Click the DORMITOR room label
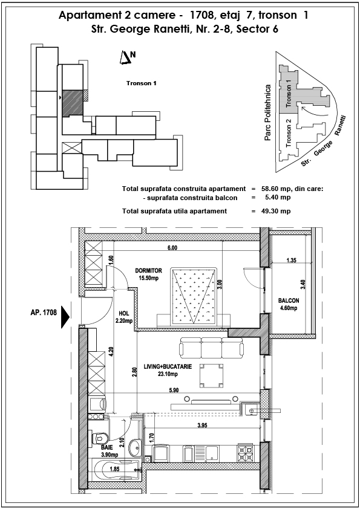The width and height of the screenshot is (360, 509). point(148,270)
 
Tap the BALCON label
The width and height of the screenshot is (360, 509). point(289,300)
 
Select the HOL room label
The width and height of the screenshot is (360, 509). point(124,314)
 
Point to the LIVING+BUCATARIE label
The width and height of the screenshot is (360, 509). point(168,366)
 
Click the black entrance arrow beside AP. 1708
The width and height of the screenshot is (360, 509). point(66,317)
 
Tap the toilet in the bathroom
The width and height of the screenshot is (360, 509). point(100,438)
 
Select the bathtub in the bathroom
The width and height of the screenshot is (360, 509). point(115,469)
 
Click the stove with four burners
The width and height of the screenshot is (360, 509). point(247,452)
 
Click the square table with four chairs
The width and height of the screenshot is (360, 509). point(212,375)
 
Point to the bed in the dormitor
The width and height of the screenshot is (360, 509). point(194,296)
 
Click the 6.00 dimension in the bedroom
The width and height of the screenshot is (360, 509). point(172,248)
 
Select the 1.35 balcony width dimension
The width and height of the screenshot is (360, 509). point(292,260)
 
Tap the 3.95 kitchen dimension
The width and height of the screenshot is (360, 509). point(201,425)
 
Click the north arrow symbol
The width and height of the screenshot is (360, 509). point(125,58)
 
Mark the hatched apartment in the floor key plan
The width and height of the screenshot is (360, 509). point(73,103)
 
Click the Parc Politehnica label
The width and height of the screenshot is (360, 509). point(267,112)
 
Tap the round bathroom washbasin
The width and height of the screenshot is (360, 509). point(135,445)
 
